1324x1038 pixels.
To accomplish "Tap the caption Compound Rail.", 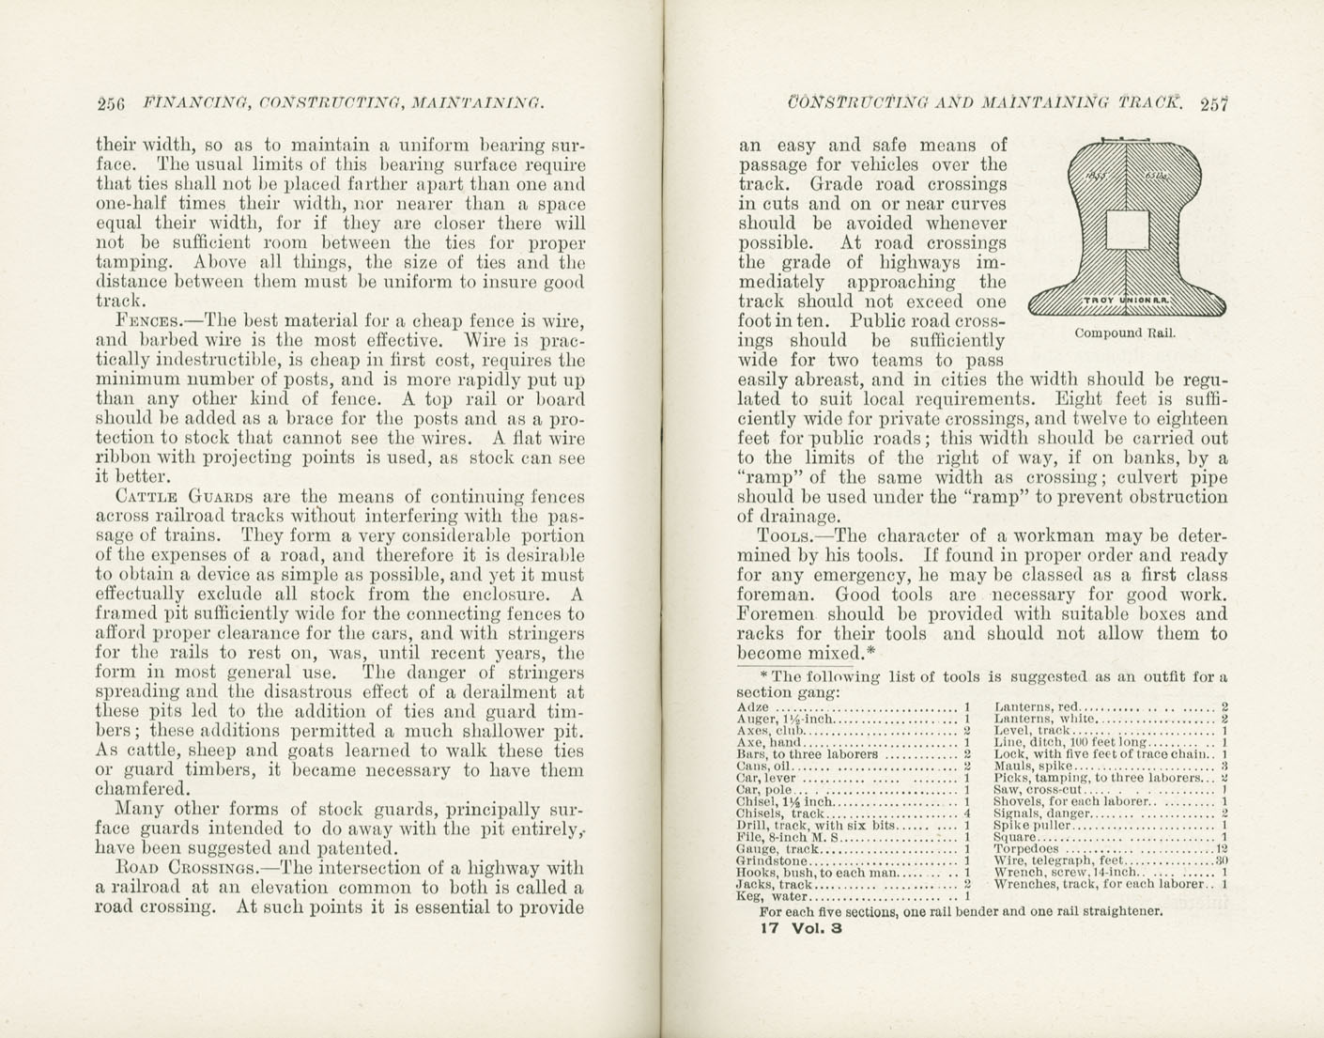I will [1124, 333].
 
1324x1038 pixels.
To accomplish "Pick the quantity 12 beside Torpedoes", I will [1222, 848].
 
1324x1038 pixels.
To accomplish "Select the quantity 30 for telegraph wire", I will [1222, 860].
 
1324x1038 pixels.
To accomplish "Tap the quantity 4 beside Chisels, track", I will [966, 813].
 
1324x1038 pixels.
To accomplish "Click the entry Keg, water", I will [772, 896].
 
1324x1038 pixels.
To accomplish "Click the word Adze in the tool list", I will [753, 707].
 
